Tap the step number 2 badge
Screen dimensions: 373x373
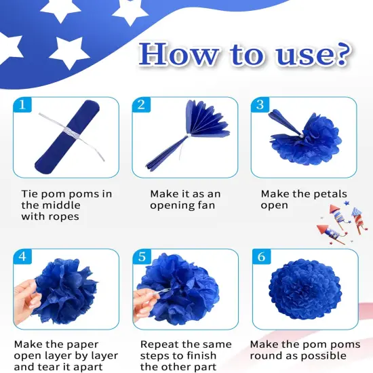point(141,105)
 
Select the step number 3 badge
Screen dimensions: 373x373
point(260,105)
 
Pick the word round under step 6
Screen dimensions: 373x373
point(264,355)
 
